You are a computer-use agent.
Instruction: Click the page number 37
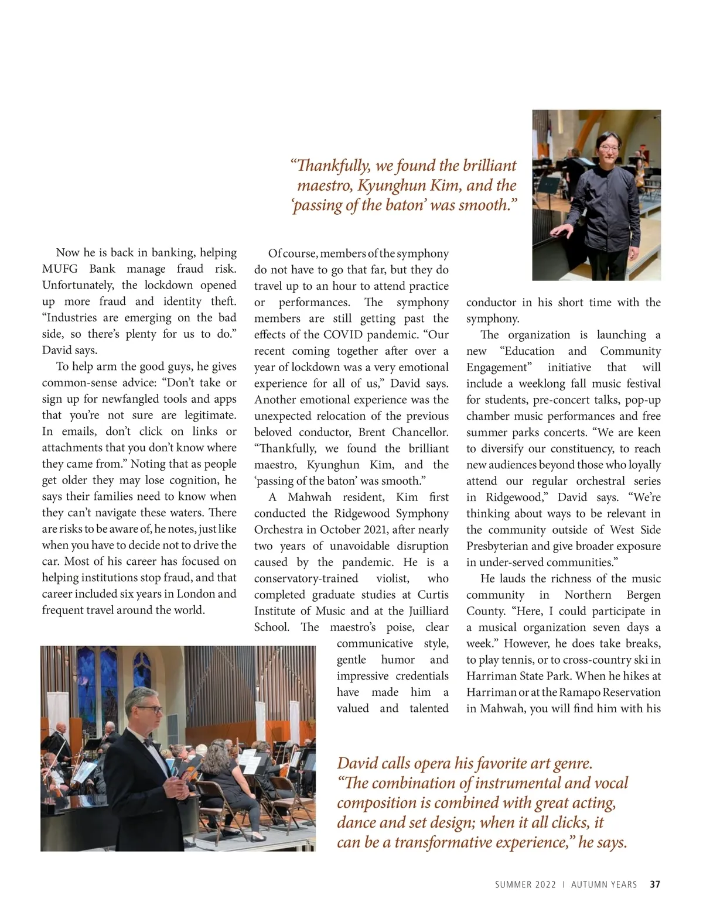pos(655,884)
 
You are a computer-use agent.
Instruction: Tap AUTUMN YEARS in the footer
pos(604,884)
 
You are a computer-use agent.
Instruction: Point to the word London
pos(196,594)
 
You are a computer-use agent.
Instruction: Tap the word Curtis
pos(434,594)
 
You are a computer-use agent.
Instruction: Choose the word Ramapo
pos(579,692)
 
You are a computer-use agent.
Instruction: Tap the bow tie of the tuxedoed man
pos(149,740)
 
